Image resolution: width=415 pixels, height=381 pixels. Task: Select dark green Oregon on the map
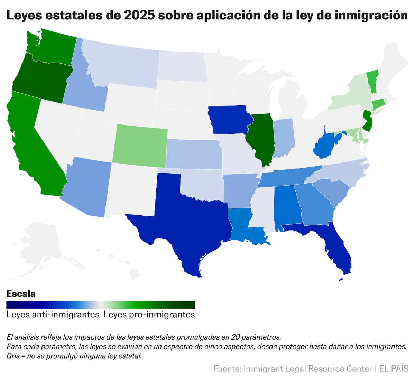pos(41,80)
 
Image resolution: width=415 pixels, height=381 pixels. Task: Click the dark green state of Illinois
pos(261,138)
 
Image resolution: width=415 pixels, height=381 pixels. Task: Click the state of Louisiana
pos(242,225)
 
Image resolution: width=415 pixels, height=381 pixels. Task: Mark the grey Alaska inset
pos(45,242)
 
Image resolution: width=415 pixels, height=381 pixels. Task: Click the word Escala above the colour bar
pos(21,294)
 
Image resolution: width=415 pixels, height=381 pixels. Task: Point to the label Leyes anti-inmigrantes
pos(53,315)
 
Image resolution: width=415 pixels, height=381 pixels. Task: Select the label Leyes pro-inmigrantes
pos(149,315)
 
